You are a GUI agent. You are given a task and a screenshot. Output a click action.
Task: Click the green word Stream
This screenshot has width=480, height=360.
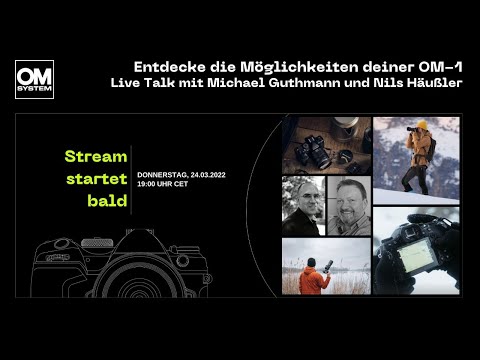(96, 157)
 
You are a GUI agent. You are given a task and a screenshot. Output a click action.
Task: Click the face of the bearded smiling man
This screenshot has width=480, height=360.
(349, 203)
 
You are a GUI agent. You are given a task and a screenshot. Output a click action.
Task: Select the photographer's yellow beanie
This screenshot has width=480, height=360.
(422, 127)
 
